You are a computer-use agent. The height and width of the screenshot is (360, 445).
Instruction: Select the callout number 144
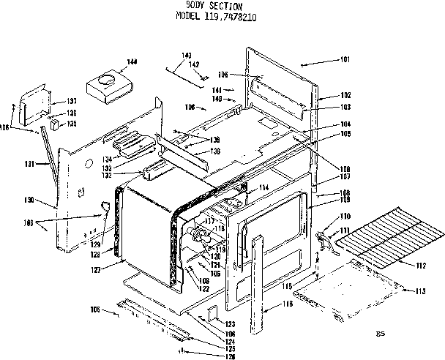pos(131,61)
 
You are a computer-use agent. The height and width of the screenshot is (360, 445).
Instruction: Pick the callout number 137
pos(72,100)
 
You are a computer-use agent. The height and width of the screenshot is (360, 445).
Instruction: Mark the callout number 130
pos(49,200)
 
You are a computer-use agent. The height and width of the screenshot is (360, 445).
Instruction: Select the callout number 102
pos(345,95)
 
